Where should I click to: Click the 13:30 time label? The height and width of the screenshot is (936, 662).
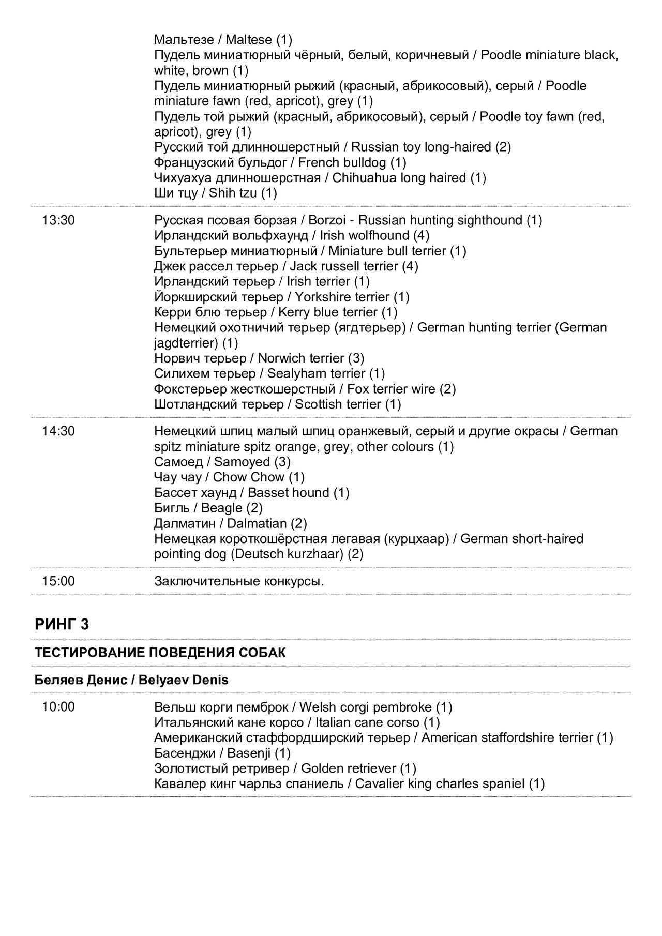pyautogui.click(x=58, y=221)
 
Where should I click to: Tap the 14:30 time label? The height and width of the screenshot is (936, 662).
pyautogui.click(x=58, y=431)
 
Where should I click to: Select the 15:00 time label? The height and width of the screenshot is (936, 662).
pyautogui.click(x=58, y=581)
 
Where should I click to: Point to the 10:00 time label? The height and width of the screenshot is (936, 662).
pyautogui.click(x=58, y=707)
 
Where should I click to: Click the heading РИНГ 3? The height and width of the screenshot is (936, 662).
pyautogui.click(x=62, y=625)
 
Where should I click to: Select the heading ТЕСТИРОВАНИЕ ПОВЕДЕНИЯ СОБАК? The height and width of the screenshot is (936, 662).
pyautogui.click(x=160, y=653)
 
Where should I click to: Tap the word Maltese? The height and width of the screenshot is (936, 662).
pyautogui.click(x=249, y=40)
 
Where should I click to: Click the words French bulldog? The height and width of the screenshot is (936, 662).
pyautogui.click(x=342, y=163)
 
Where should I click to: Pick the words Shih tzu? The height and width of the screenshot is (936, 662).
pyautogui.click(x=233, y=193)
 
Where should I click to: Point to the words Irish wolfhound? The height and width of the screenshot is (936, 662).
pyautogui.click(x=364, y=236)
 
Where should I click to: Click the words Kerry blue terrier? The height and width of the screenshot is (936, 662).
pyautogui.click(x=328, y=312)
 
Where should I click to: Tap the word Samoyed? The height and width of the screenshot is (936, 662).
pyautogui.click(x=242, y=462)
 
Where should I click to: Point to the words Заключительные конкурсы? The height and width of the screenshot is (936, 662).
pyautogui.click(x=239, y=581)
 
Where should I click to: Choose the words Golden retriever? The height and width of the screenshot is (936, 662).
pyautogui.click(x=349, y=768)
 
